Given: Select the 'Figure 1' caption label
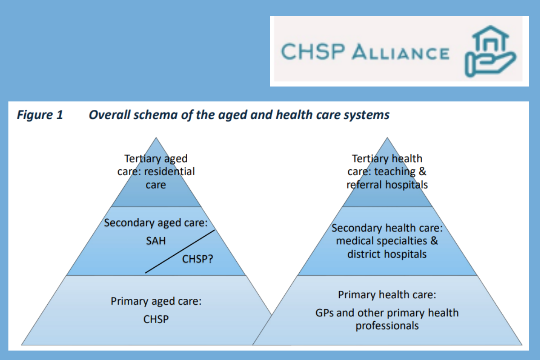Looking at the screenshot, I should (40, 115).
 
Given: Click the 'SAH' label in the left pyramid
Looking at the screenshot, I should (156, 241).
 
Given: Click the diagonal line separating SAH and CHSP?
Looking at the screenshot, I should (180, 252).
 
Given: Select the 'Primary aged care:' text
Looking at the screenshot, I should (156, 301).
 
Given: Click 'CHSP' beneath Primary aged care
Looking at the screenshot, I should (156, 319).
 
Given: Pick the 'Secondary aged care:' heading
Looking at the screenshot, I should (159, 223).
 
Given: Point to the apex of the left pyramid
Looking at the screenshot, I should (156, 139).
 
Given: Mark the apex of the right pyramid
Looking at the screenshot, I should (387, 139).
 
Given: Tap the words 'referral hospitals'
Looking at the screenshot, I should (387, 184).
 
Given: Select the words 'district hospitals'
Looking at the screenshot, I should (387, 254).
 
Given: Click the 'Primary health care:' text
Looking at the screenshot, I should (387, 295).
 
